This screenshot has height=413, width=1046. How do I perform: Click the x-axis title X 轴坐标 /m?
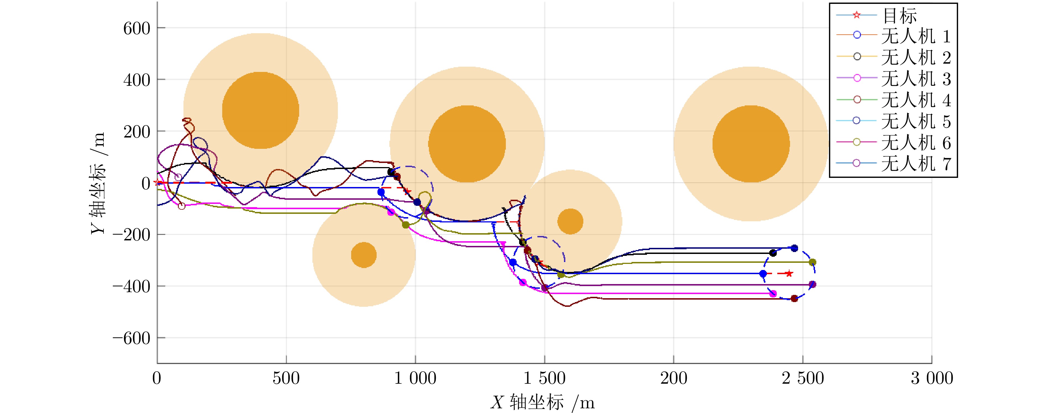(543, 402)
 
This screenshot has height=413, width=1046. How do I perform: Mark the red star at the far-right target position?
(789, 274)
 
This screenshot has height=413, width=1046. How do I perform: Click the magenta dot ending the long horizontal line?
(773, 293)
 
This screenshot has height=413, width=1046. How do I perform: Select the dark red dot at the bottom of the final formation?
(794, 299)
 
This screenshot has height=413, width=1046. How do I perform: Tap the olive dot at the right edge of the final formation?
(812, 262)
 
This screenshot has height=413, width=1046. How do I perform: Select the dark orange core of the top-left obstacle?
(260, 110)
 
